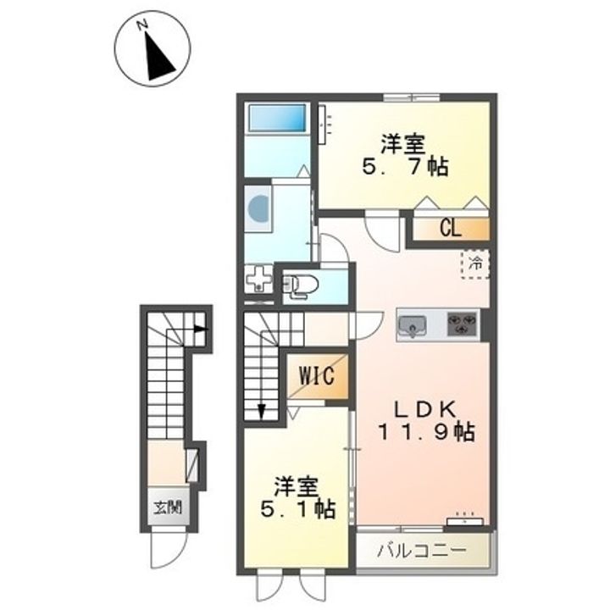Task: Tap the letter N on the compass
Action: pos(142,25)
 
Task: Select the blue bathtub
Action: pos(277,118)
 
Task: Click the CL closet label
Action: pos(451,228)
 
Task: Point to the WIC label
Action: pos(317,376)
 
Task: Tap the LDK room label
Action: pos(425,409)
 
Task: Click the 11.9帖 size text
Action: pos(426,431)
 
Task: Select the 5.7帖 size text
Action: pos(406,167)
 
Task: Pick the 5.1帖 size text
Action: pos(297,509)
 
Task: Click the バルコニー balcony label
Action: pos(422,551)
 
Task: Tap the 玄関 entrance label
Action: pos(168,507)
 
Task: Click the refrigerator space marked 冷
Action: pos(475,264)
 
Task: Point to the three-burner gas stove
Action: pos(463,324)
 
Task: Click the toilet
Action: pos(301,286)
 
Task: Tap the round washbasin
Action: pos(258,208)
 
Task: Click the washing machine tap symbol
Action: pos(258,278)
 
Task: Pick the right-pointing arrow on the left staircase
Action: pos(200,329)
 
